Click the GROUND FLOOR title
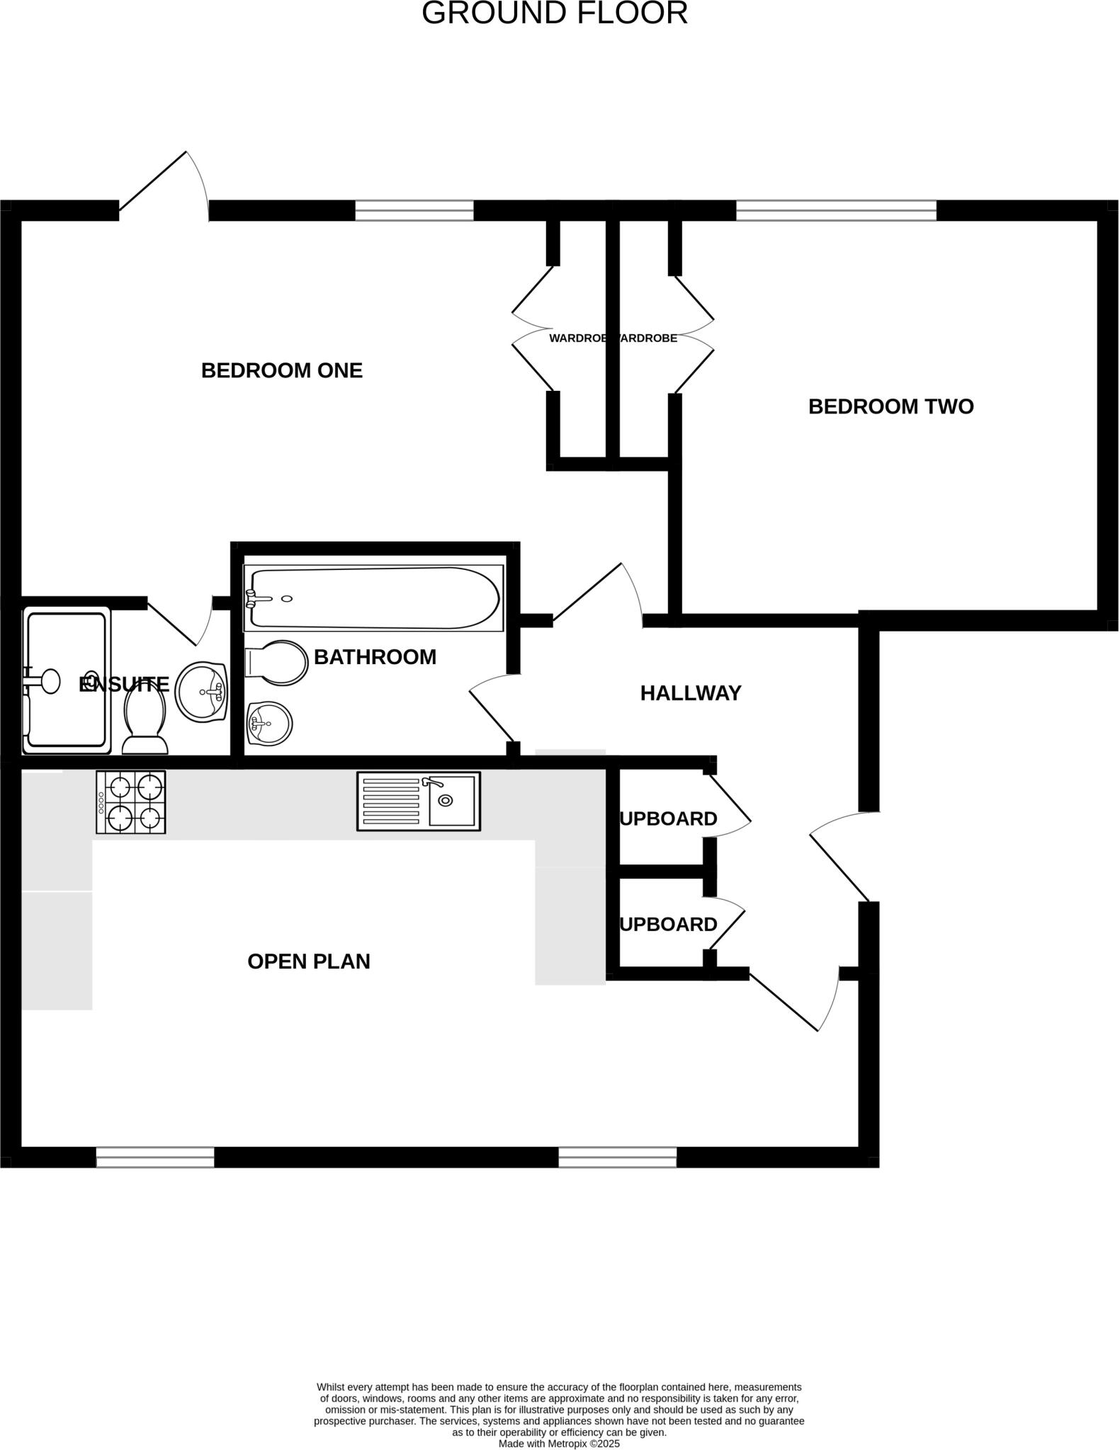(x=555, y=13)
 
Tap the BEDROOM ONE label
(x=282, y=370)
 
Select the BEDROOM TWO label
(x=890, y=406)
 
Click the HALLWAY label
(x=690, y=693)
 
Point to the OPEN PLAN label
(x=308, y=961)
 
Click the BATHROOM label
(x=375, y=657)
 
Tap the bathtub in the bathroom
(x=373, y=598)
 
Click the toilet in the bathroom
(x=277, y=663)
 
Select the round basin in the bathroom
(x=270, y=724)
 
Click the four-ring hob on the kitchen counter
(x=131, y=802)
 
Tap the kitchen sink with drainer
(x=418, y=801)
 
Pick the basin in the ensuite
(x=202, y=692)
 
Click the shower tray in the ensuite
(x=67, y=680)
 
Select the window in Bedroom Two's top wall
(x=836, y=210)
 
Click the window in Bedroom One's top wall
(x=414, y=210)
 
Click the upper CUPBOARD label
(x=669, y=819)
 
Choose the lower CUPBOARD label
(x=669, y=925)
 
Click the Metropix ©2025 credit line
(x=559, y=1443)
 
